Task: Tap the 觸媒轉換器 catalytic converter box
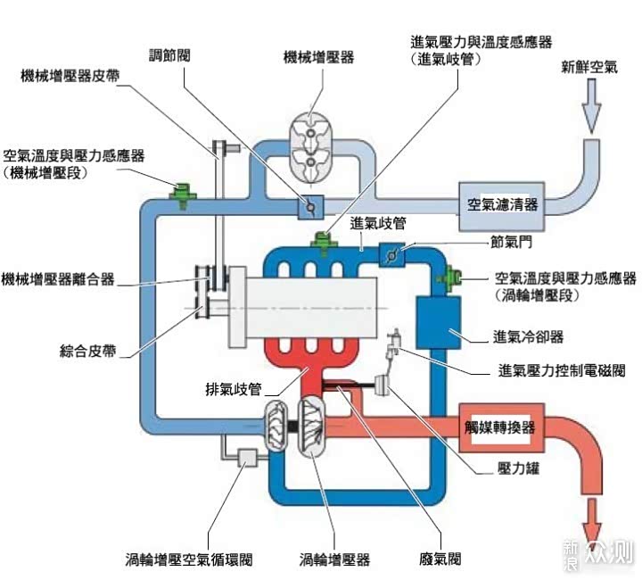click(501, 427)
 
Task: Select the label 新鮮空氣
click(588, 67)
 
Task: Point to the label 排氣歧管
click(233, 389)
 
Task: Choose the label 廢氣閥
click(440, 560)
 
